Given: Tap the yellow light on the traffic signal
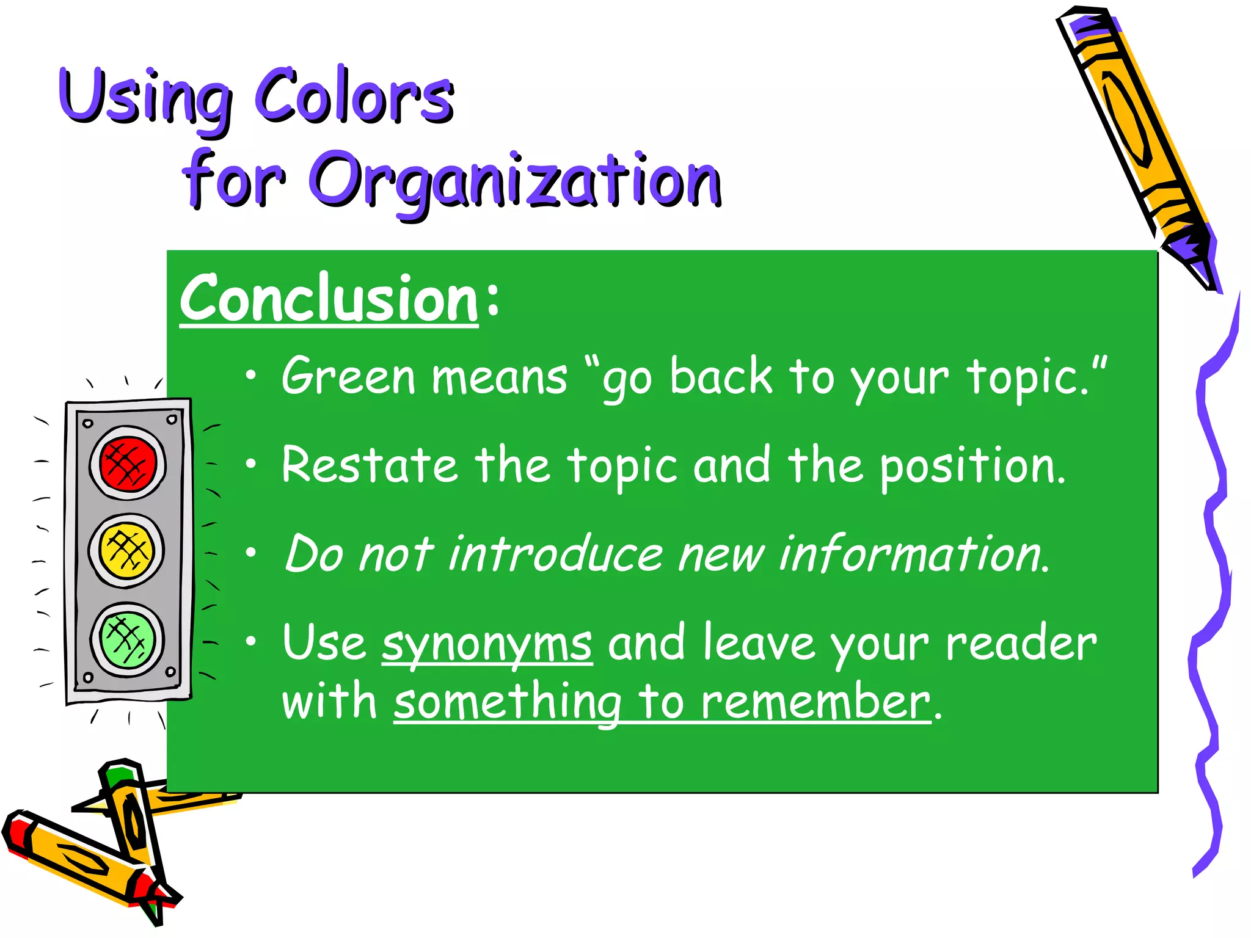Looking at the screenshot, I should coord(126,550).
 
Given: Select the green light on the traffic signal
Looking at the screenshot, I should coord(127,639).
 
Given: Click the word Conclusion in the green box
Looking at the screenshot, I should coord(329,299).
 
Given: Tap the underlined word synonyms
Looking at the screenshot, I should coord(487,644).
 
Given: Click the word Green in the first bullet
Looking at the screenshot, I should coord(349,376).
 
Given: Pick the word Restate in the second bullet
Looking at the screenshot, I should coord(369,465).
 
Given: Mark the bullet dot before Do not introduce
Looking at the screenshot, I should coord(250,553).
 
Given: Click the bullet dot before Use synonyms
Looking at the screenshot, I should coord(250,641).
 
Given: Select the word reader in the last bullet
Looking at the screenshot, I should coord(1021,644).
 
